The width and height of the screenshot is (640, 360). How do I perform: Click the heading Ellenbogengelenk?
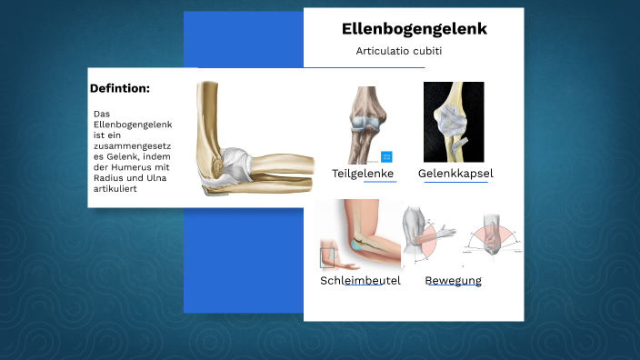pyautogui.click(x=414, y=29)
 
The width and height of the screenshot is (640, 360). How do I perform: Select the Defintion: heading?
pyautogui.click(x=120, y=88)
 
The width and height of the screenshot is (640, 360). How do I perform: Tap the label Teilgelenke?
pyautogui.click(x=362, y=173)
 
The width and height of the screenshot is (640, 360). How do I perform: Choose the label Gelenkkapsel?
pyautogui.click(x=455, y=173)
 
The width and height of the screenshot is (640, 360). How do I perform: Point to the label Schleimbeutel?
pyautogui.click(x=360, y=280)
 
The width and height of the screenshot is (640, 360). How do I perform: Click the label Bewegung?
pyautogui.click(x=454, y=280)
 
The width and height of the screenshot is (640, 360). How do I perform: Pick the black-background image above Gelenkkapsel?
pyautogui.click(x=454, y=122)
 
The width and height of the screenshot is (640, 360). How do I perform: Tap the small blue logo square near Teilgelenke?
pyautogui.click(x=386, y=156)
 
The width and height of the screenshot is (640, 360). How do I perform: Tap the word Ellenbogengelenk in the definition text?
pyautogui.click(x=134, y=124)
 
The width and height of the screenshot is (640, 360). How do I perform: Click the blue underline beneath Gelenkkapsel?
pyautogui.click(x=455, y=182)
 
